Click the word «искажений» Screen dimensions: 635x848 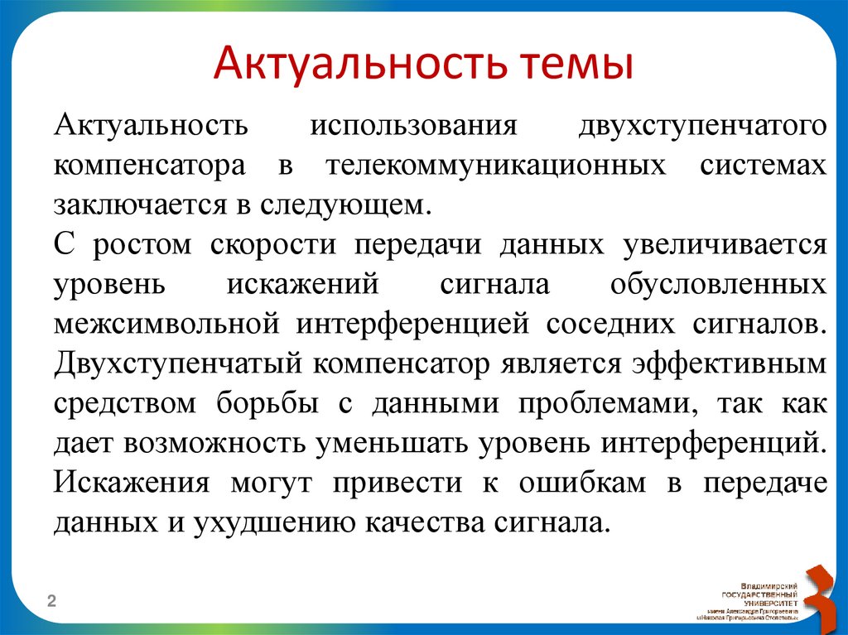coord(302,284)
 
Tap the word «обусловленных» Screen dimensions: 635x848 coord(718,284)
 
